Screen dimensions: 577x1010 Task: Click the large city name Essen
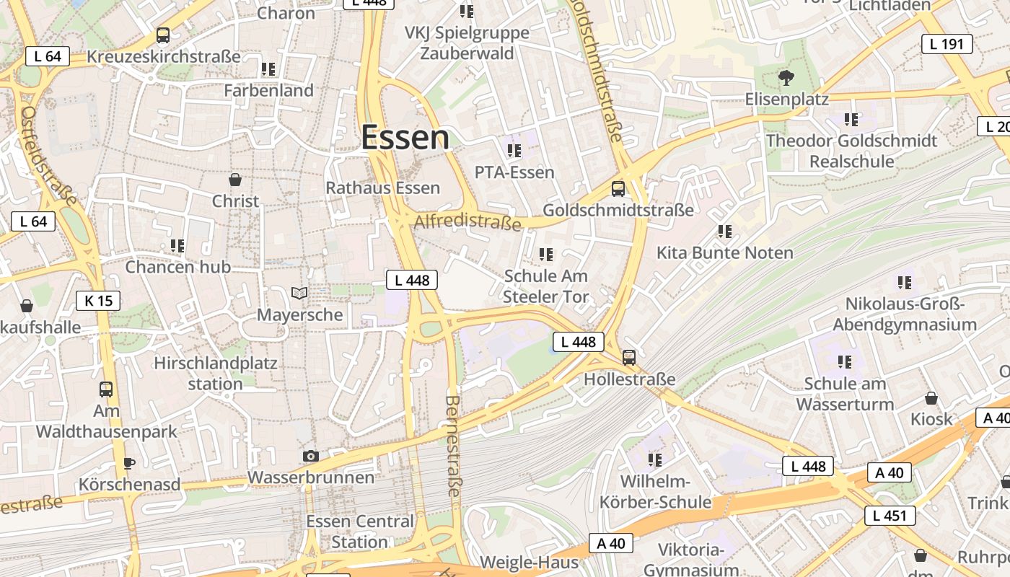(x=405, y=137)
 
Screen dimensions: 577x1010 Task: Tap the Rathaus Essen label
(x=382, y=188)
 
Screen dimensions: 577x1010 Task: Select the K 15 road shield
(x=98, y=300)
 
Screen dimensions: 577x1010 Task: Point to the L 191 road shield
(x=947, y=44)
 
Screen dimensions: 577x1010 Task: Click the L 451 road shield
(x=890, y=515)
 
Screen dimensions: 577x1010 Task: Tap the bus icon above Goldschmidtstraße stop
(x=618, y=189)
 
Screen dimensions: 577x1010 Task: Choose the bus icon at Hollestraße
(x=629, y=357)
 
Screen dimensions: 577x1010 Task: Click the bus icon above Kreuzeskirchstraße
(x=163, y=35)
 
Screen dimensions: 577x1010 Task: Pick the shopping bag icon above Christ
(x=234, y=180)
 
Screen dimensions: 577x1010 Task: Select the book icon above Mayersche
(x=299, y=293)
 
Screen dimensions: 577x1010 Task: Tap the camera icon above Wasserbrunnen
(x=311, y=456)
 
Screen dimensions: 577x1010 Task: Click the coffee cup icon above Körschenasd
(x=129, y=462)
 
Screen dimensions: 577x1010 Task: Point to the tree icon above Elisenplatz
(x=786, y=76)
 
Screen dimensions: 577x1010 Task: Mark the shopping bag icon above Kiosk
(x=931, y=398)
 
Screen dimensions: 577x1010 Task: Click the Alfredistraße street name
(x=467, y=221)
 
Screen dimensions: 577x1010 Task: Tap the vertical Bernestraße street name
(x=453, y=445)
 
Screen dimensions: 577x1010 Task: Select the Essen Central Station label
(x=360, y=531)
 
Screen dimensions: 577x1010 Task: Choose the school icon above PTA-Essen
(x=514, y=151)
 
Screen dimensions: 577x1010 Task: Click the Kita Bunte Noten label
(x=724, y=252)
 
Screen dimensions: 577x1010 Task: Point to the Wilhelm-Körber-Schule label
(x=655, y=491)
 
